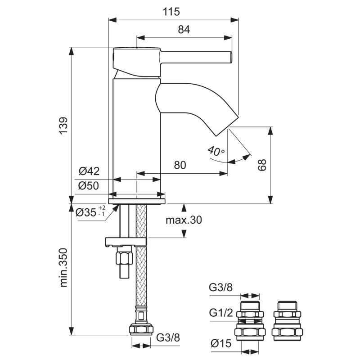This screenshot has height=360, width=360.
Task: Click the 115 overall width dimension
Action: [x=171, y=12]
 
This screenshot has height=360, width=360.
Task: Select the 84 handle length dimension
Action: [x=184, y=30]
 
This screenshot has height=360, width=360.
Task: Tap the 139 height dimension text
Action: [x=63, y=126]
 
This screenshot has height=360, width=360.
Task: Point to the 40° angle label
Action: [x=216, y=151]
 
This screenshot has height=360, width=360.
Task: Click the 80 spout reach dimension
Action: [x=180, y=165]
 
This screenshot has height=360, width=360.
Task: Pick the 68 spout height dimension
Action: [x=262, y=165]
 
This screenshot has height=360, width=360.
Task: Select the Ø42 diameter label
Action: [x=89, y=171]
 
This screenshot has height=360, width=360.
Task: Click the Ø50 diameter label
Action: [x=89, y=186]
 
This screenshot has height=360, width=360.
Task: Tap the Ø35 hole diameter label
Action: [x=90, y=211]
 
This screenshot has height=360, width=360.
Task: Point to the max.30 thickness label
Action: [x=184, y=220]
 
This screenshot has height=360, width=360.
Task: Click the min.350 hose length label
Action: [x=63, y=267]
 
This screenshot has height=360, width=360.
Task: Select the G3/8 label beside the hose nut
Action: [x=168, y=337]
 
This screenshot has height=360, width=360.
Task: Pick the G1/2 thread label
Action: [x=221, y=313]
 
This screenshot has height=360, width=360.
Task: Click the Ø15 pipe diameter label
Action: [x=221, y=343]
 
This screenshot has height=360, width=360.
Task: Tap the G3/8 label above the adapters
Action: [x=220, y=287]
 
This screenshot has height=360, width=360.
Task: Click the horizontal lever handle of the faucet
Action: [x=196, y=57]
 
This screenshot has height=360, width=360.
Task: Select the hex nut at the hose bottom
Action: [x=141, y=329]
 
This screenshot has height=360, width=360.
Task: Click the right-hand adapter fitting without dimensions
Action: [x=287, y=321]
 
